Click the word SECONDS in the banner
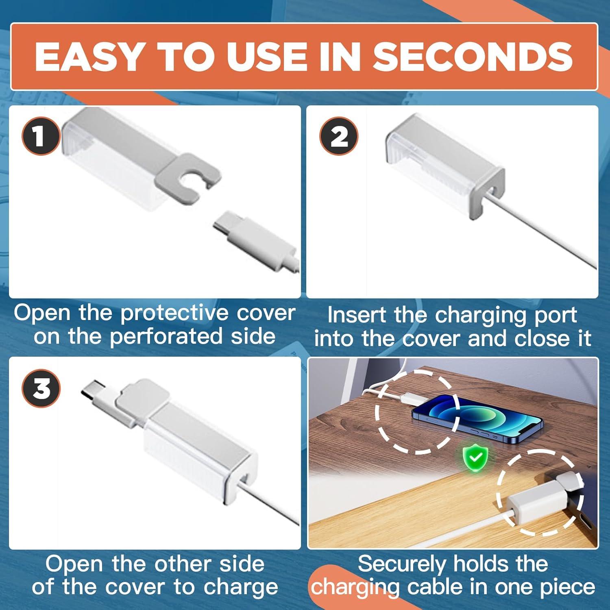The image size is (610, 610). [x=473, y=57]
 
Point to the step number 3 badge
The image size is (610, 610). [x=41, y=388]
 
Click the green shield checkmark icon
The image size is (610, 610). [x=475, y=457]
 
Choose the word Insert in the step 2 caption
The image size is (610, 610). [x=356, y=315]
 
